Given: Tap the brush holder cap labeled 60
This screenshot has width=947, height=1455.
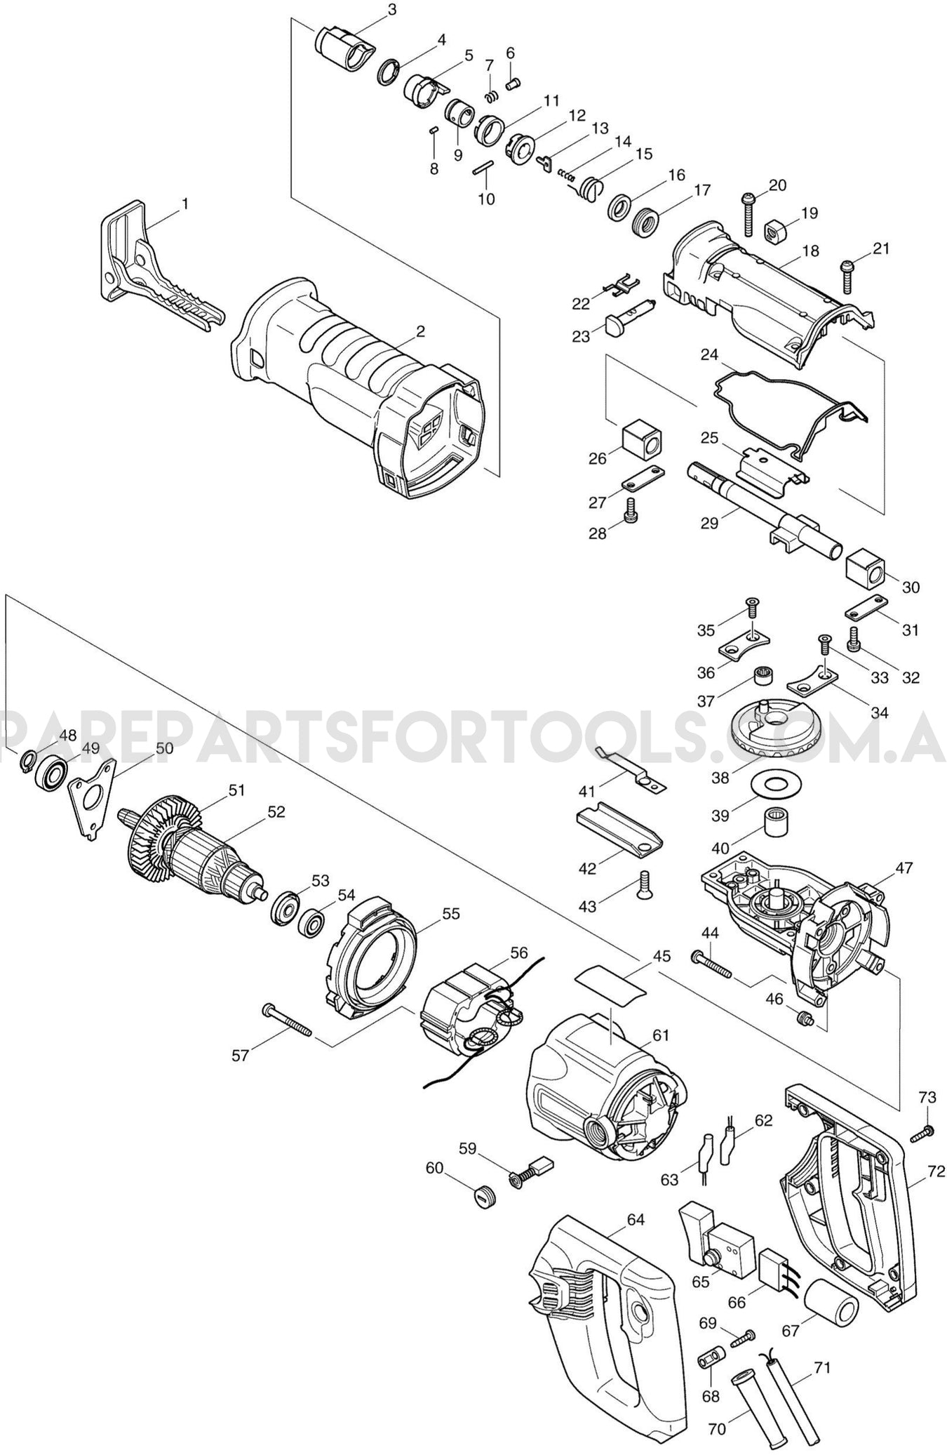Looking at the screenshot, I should [482, 1195].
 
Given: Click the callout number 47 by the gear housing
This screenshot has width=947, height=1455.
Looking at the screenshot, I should [904, 868].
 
